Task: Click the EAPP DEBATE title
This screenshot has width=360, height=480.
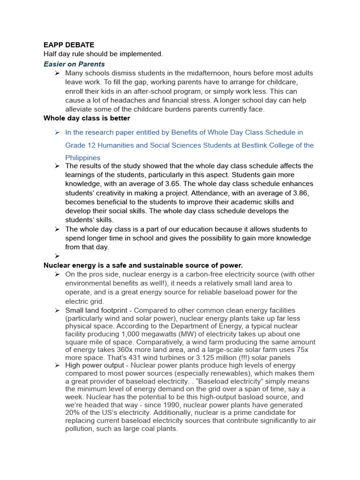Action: [69, 45]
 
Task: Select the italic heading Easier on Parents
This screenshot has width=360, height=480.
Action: [74, 64]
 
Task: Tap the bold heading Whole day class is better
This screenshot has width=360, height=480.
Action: [87, 118]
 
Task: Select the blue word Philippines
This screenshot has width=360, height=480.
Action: [82, 158]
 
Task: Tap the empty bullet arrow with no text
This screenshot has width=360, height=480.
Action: [57, 256]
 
